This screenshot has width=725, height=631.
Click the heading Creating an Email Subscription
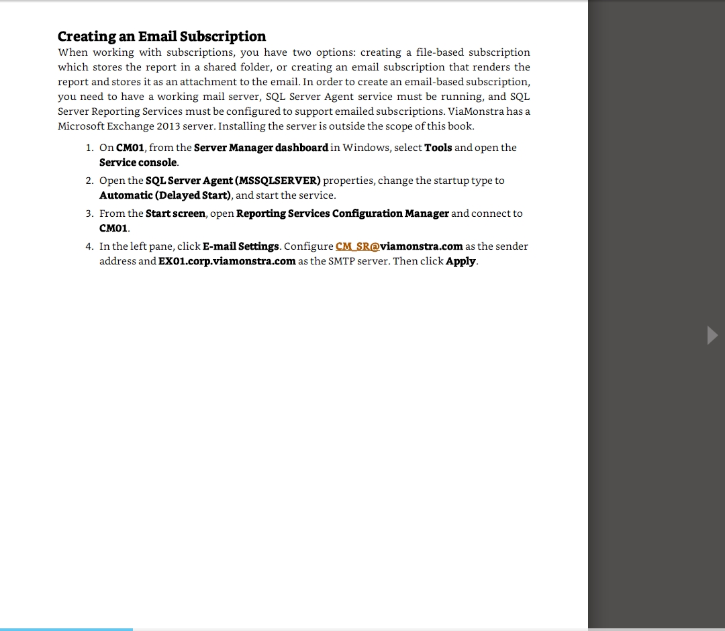coord(161,36)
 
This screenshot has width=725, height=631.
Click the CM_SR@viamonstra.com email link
coord(399,246)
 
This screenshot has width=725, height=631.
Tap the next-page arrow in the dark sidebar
coord(712,334)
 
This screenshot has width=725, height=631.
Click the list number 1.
coord(89,148)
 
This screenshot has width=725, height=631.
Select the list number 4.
coord(89,246)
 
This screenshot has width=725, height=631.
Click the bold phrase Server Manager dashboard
coord(260,148)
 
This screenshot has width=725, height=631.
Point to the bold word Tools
coord(438,148)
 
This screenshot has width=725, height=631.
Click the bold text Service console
coord(138,162)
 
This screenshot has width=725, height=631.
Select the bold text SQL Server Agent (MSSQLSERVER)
coord(233,181)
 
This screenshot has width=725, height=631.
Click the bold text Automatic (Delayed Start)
coord(165,195)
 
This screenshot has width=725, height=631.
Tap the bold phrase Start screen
coord(175,213)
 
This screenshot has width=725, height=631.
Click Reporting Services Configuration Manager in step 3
coord(342,213)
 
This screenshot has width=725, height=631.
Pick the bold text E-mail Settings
coord(240,246)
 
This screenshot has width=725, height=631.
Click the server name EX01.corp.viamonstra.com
coord(227,261)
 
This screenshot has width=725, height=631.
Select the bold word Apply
coord(461,261)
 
